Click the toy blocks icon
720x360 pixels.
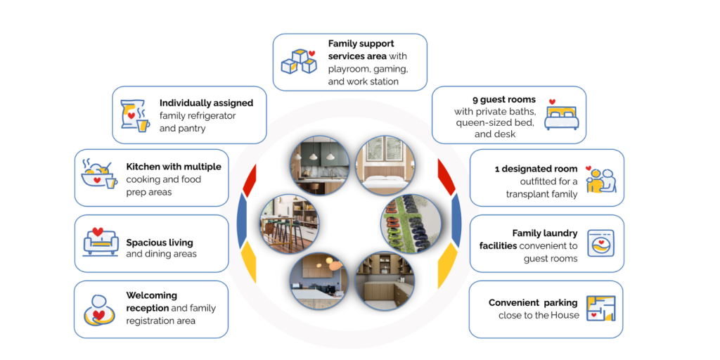pos(299,62)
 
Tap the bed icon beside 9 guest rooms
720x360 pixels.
pos(561,114)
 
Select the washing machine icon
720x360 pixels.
pos(600,243)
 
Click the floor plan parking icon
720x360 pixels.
pos(600,309)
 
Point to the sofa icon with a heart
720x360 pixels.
pos(101,242)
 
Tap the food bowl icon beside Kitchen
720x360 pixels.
pos(99,174)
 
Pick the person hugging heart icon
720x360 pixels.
pos(98,310)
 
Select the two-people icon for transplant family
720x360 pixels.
pos(601,179)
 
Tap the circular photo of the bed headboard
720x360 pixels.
pos(385,165)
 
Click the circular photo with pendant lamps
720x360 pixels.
pos(319,165)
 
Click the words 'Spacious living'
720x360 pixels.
pos(160,243)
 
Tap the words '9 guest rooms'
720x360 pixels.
pos(504,100)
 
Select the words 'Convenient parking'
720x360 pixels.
pos(533,303)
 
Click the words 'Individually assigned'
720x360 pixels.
pos(206,103)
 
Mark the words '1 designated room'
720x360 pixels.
pos(536,169)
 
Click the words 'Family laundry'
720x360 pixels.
pos(545,233)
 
